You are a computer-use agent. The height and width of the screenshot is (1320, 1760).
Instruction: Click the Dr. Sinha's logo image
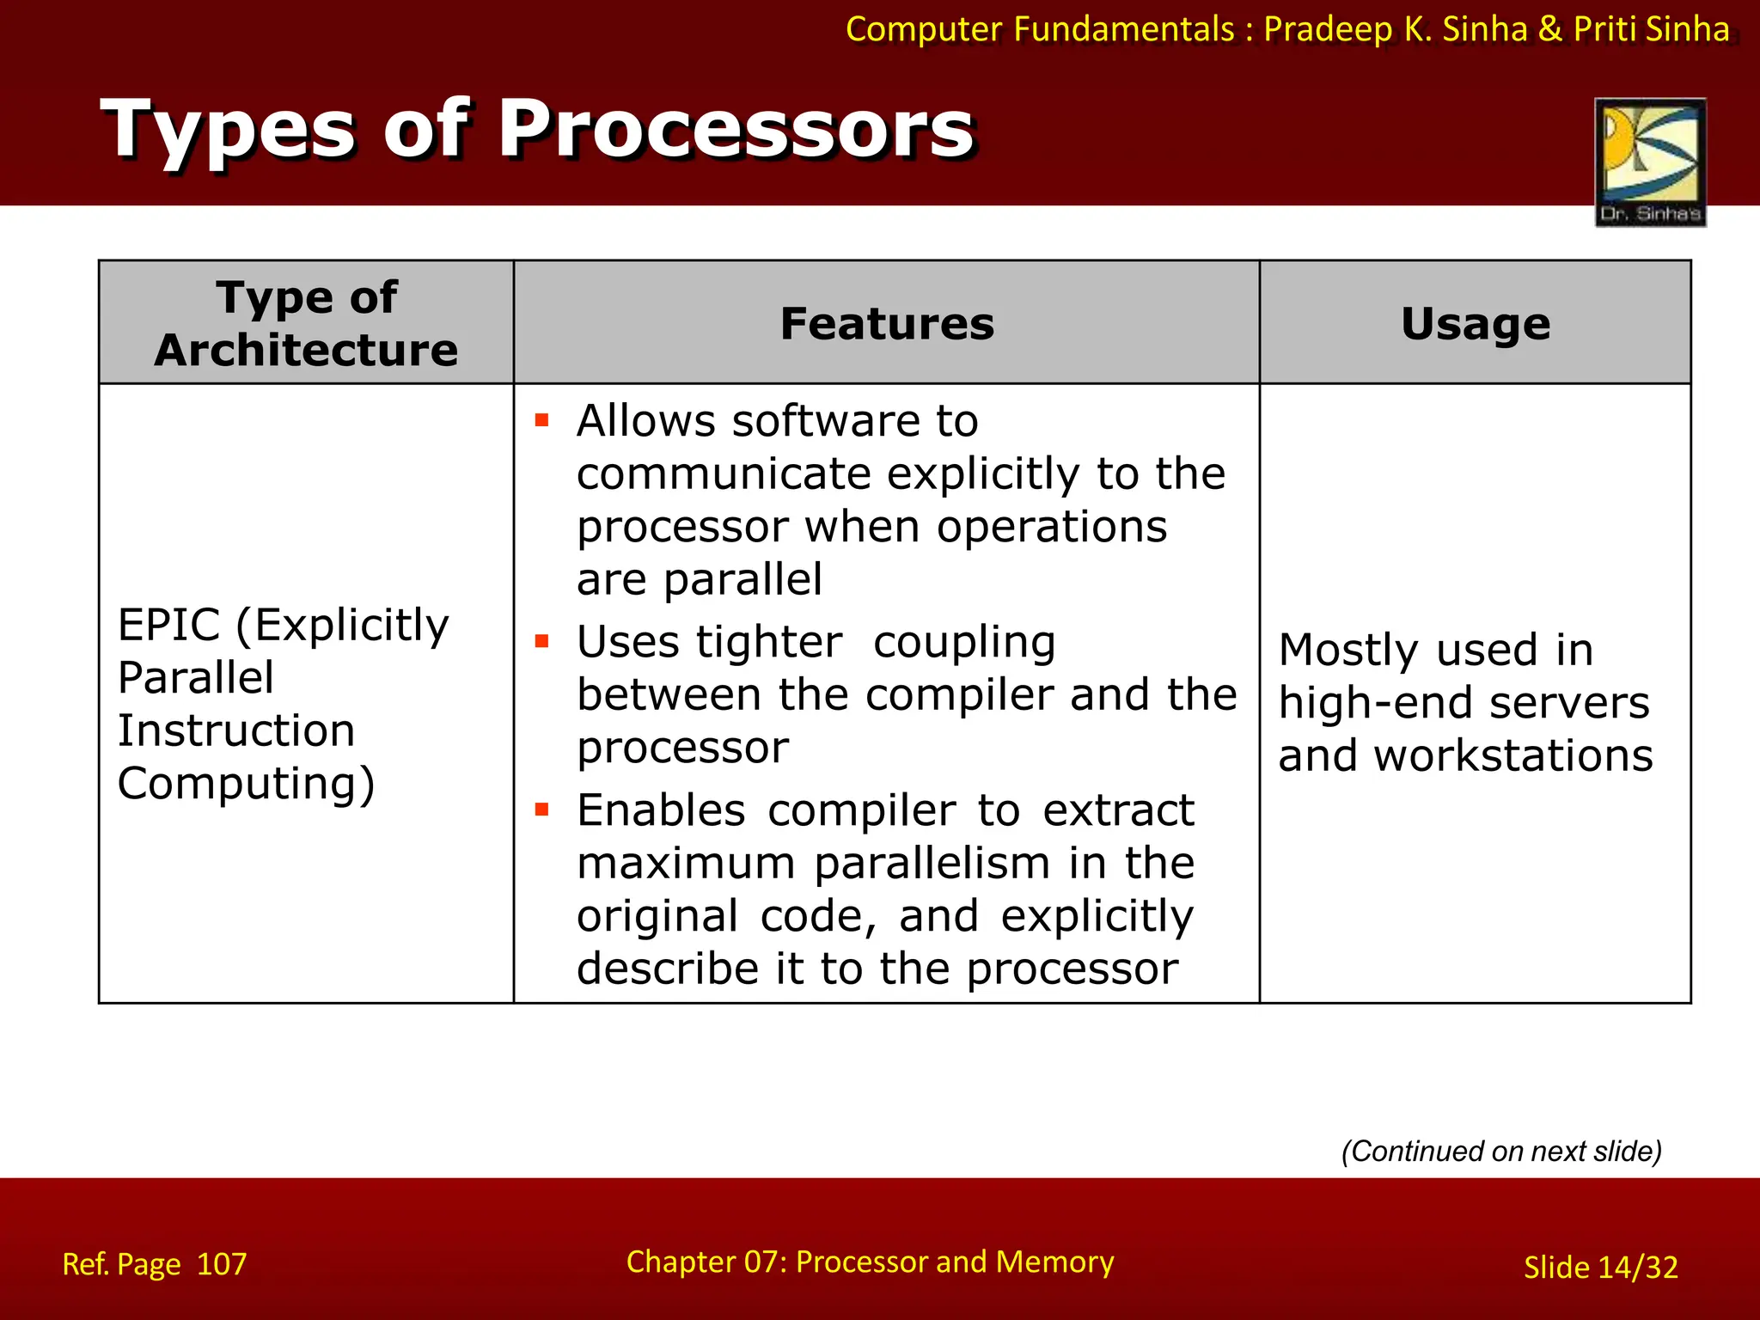tap(1650, 162)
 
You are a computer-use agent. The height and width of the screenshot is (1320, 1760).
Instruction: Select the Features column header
tap(887, 324)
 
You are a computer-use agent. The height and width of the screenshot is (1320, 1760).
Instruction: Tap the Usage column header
tap(1476, 324)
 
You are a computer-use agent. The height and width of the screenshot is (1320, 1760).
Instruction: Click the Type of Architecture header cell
tap(306, 323)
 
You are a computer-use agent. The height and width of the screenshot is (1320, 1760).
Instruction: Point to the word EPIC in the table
tap(168, 625)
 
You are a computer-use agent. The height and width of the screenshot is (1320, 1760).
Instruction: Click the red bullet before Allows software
tap(541, 420)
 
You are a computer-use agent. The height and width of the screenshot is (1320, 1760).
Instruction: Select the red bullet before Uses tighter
tap(541, 641)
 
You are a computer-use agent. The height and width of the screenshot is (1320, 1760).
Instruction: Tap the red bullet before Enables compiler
tap(541, 810)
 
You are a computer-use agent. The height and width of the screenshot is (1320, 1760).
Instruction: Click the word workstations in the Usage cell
tap(1512, 756)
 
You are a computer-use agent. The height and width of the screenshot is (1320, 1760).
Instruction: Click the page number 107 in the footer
tap(221, 1264)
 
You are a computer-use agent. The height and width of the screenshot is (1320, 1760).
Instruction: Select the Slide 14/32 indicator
tap(1600, 1268)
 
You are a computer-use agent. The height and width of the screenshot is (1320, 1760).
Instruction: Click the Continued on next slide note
tap(1501, 1151)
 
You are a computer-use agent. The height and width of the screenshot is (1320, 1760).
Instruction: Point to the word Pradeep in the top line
tap(1328, 29)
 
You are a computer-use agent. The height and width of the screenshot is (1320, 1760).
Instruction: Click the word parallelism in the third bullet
tap(932, 864)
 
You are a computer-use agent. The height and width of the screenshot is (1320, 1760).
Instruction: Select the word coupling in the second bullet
tap(964, 643)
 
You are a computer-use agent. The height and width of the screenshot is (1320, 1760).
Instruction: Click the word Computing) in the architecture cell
tap(246, 784)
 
